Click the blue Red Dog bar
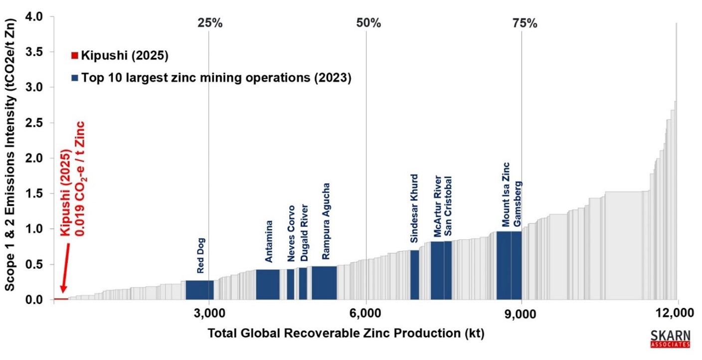(199, 290)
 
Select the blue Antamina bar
(268, 284)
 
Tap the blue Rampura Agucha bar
(324, 283)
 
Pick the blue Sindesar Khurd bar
(414, 275)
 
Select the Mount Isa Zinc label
(506, 194)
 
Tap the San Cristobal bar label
(448, 205)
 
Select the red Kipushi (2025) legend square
(75, 55)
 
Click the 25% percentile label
(210, 23)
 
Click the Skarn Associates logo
(671, 338)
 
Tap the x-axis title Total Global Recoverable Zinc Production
(346, 333)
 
